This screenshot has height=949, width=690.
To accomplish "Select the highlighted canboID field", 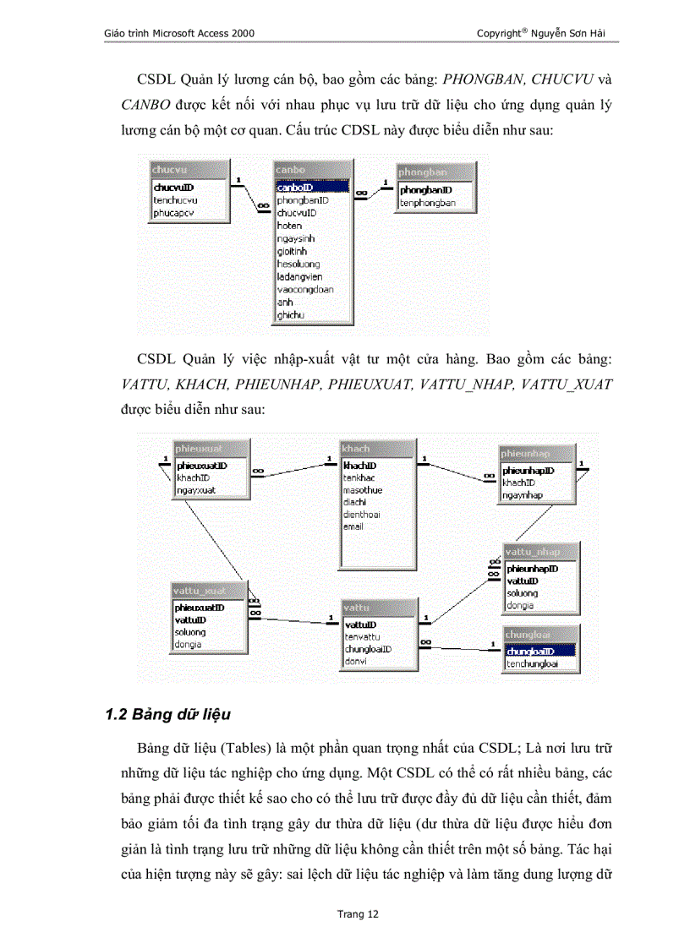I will [295, 188].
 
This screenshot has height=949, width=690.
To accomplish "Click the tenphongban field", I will [428, 203].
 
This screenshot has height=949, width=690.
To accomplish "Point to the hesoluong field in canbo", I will [298, 264].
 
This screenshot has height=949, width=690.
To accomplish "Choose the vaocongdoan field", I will [305, 289].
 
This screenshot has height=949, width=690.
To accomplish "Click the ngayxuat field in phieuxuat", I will [196, 490].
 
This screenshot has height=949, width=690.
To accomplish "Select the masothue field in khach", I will [363, 490].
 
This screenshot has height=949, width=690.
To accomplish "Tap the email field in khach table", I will [353, 526].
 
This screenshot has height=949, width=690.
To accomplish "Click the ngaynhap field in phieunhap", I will [523, 495].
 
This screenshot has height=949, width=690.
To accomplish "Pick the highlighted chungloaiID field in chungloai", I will [529, 652].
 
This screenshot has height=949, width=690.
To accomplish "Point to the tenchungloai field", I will [532, 664].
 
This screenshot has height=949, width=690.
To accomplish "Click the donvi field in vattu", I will [355, 662].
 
